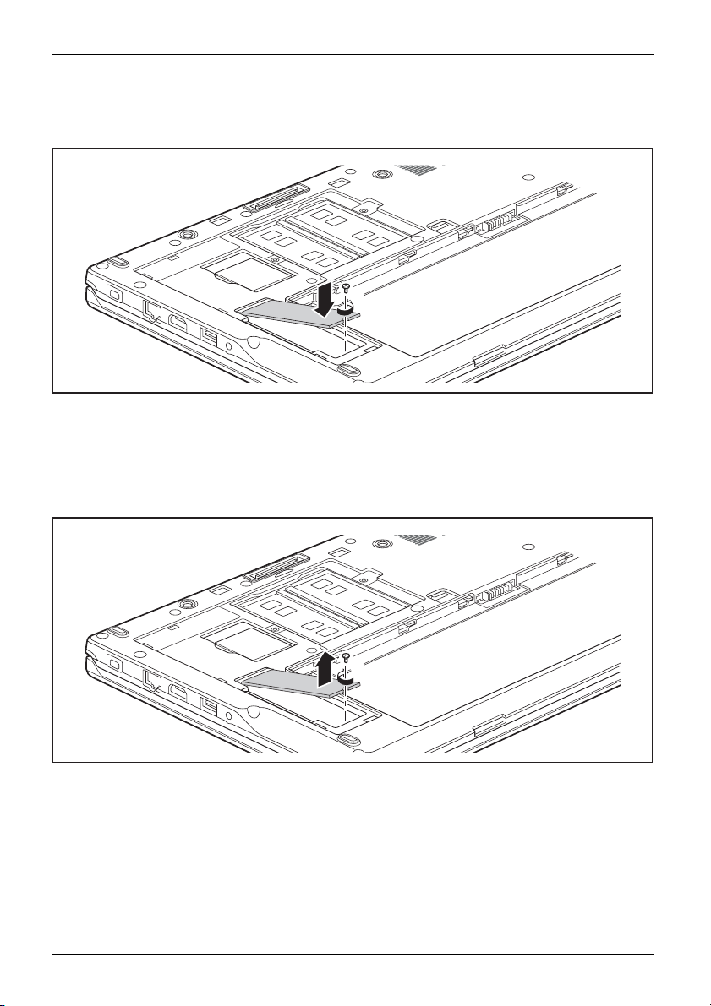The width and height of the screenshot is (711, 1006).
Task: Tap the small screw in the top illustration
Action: (347, 289)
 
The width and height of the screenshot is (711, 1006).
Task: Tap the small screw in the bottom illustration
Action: (347, 656)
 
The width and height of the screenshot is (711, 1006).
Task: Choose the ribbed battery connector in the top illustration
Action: (495, 226)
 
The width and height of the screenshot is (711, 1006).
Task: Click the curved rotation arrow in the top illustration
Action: (345, 311)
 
